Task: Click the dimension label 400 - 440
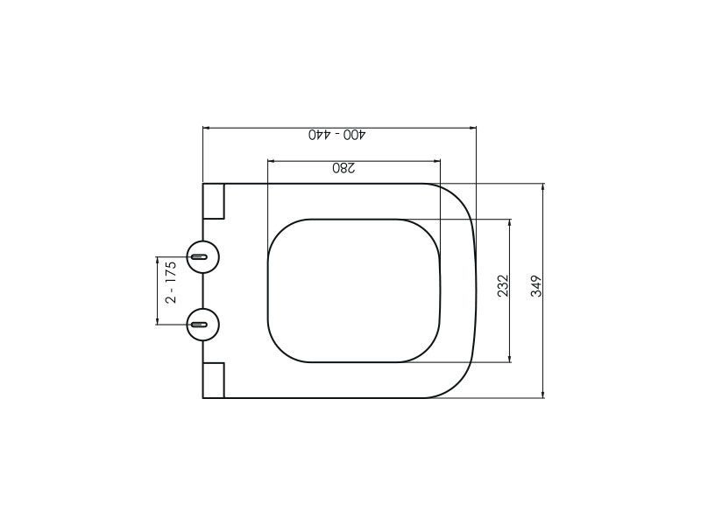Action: [337, 135]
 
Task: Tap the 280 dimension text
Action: [343, 168]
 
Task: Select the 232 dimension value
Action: [503, 286]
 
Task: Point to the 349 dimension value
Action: [536, 286]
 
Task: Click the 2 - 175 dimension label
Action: [171, 282]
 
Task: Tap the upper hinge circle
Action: [203, 256]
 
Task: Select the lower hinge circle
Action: [203, 324]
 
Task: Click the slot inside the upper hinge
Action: [199, 256]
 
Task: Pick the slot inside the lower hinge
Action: [199, 324]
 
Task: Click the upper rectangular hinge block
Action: [213, 201]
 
